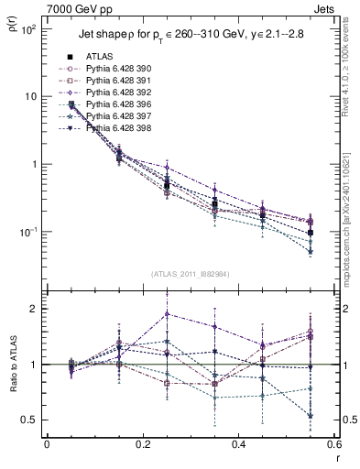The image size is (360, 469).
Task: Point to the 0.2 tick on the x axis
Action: click(142, 445)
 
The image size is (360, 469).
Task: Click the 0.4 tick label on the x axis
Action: click(238, 445)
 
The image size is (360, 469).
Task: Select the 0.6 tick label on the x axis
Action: click(333, 445)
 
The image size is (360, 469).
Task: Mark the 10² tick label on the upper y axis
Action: click(27, 29)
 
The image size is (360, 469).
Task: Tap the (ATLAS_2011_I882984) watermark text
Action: click(191, 274)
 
